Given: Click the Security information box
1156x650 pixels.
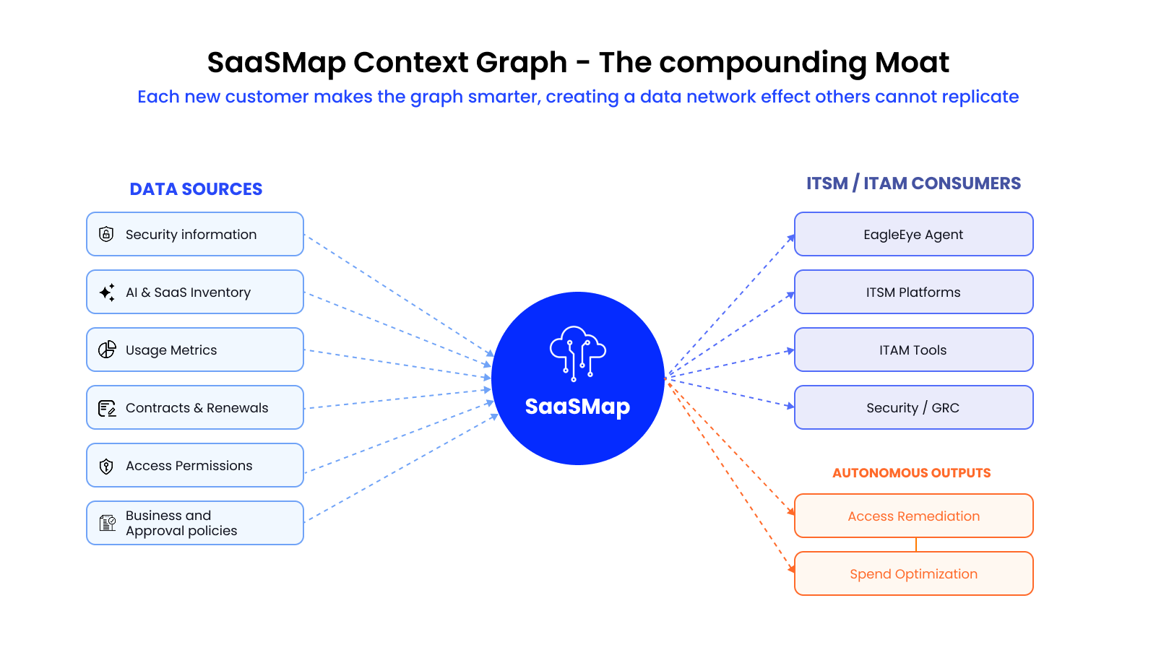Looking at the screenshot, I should (x=195, y=234).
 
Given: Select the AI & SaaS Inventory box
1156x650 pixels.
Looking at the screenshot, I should (x=195, y=292).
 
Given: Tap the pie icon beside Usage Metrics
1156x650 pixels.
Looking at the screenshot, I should (x=107, y=350).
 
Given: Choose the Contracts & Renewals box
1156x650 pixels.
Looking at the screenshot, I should (x=195, y=407).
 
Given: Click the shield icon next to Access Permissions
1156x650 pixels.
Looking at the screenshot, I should (x=106, y=466).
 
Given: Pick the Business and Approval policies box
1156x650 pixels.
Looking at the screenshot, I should (x=195, y=523).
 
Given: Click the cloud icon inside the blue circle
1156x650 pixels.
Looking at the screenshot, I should (x=577, y=352).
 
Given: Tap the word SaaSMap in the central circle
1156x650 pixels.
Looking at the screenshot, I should (x=577, y=407).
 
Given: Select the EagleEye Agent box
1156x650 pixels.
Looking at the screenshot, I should (x=913, y=234).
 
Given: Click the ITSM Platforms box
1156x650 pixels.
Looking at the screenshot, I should (x=913, y=292).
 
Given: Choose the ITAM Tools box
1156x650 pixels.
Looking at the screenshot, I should (x=913, y=350).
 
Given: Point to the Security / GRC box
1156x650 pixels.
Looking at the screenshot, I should (x=913, y=407).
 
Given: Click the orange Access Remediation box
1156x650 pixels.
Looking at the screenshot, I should (x=913, y=516).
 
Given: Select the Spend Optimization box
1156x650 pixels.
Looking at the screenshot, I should (x=913, y=573).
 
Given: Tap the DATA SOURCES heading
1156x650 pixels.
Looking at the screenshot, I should (x=196, y=189).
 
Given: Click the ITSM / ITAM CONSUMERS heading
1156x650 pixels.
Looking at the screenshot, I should (x=913, y=183).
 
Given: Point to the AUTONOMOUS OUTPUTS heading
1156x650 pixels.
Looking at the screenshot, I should (x=911, y=473).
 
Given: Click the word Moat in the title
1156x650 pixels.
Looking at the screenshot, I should (x=912, y=63).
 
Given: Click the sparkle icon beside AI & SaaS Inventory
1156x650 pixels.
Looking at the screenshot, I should (x=107, y=292).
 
